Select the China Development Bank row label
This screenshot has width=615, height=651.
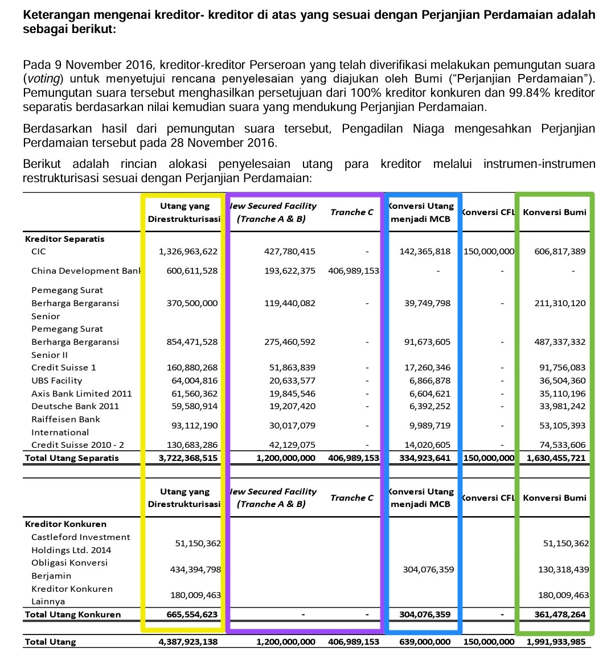pos(85,271)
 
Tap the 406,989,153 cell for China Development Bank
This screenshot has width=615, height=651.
pos(354,271)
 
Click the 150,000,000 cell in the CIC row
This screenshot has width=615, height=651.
pos(489,252)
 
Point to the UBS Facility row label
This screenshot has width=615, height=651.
pos(56,381)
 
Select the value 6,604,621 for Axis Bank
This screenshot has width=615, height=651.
pos(427,394)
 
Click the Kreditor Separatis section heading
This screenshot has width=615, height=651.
pos(64,240)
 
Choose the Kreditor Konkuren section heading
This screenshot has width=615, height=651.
pos(65,524)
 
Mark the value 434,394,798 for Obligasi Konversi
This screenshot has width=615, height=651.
pos(195,569)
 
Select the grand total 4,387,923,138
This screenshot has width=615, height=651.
pos(188,642)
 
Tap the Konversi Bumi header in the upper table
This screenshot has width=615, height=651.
pos(554,212)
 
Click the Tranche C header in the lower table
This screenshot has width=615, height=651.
pos(352,498)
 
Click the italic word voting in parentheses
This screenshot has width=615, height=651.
pos(42,79)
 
